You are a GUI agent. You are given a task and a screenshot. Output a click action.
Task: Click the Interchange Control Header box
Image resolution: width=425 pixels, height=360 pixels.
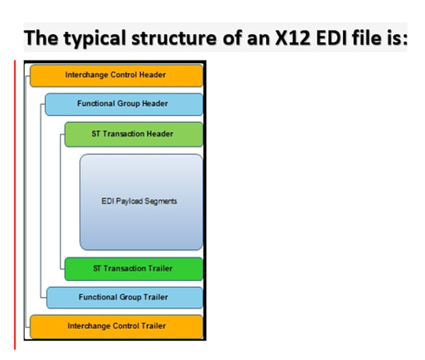coord(116,75)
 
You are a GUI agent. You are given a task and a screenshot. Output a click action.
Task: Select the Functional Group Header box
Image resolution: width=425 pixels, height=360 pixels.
coord(124,104)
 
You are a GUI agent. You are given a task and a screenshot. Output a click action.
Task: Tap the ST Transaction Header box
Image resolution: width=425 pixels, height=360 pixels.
coord(134,134)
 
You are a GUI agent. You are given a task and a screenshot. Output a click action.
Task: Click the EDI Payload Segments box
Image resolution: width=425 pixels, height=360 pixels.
coord(141,201)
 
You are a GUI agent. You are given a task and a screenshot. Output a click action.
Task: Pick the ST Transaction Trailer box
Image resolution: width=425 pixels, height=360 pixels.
coord(134,269)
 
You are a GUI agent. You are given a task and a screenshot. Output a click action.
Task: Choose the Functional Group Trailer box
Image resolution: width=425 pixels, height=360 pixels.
coord(124,297)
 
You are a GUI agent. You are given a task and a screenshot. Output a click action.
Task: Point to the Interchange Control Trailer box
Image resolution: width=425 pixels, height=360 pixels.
coord(116,326)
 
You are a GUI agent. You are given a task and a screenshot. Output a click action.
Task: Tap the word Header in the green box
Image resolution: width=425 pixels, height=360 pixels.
coord(161,134)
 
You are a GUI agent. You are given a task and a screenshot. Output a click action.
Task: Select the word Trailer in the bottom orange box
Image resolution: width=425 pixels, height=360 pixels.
coord(152,326)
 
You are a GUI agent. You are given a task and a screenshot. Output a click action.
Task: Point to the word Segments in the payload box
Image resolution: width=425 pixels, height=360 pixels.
coord(161,201)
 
